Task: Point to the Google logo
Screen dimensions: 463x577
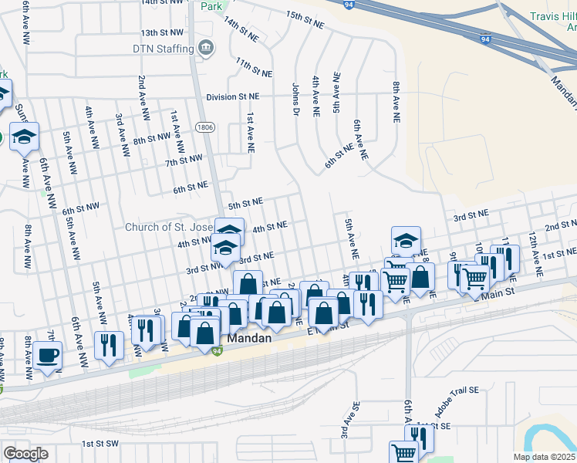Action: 25,453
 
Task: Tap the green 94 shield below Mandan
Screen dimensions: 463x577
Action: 218,351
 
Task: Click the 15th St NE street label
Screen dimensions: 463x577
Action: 305,20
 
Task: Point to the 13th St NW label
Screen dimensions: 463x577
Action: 162,33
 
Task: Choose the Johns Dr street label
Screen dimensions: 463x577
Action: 295,100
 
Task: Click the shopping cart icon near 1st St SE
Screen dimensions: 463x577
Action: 403,452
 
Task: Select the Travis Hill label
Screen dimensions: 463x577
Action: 549,16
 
